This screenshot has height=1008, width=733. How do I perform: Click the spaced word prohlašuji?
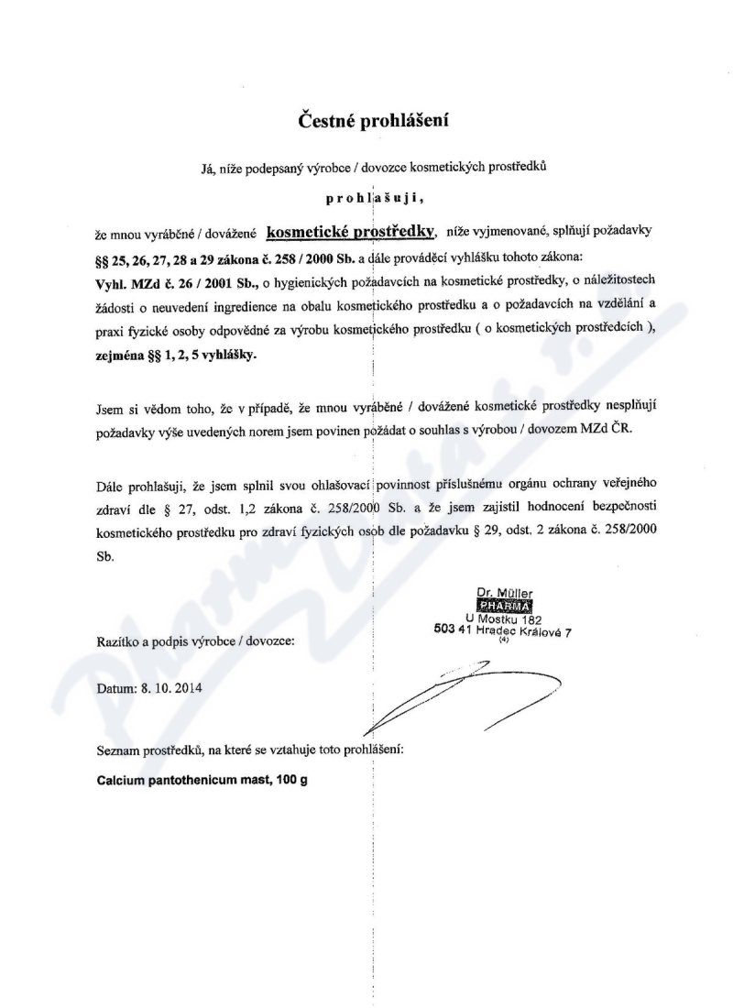click(375, 197)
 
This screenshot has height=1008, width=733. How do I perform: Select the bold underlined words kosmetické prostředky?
click(350, 232)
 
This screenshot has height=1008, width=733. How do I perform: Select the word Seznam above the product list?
click(117, 751)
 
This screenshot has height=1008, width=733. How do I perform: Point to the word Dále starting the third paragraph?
click(110, 483)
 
